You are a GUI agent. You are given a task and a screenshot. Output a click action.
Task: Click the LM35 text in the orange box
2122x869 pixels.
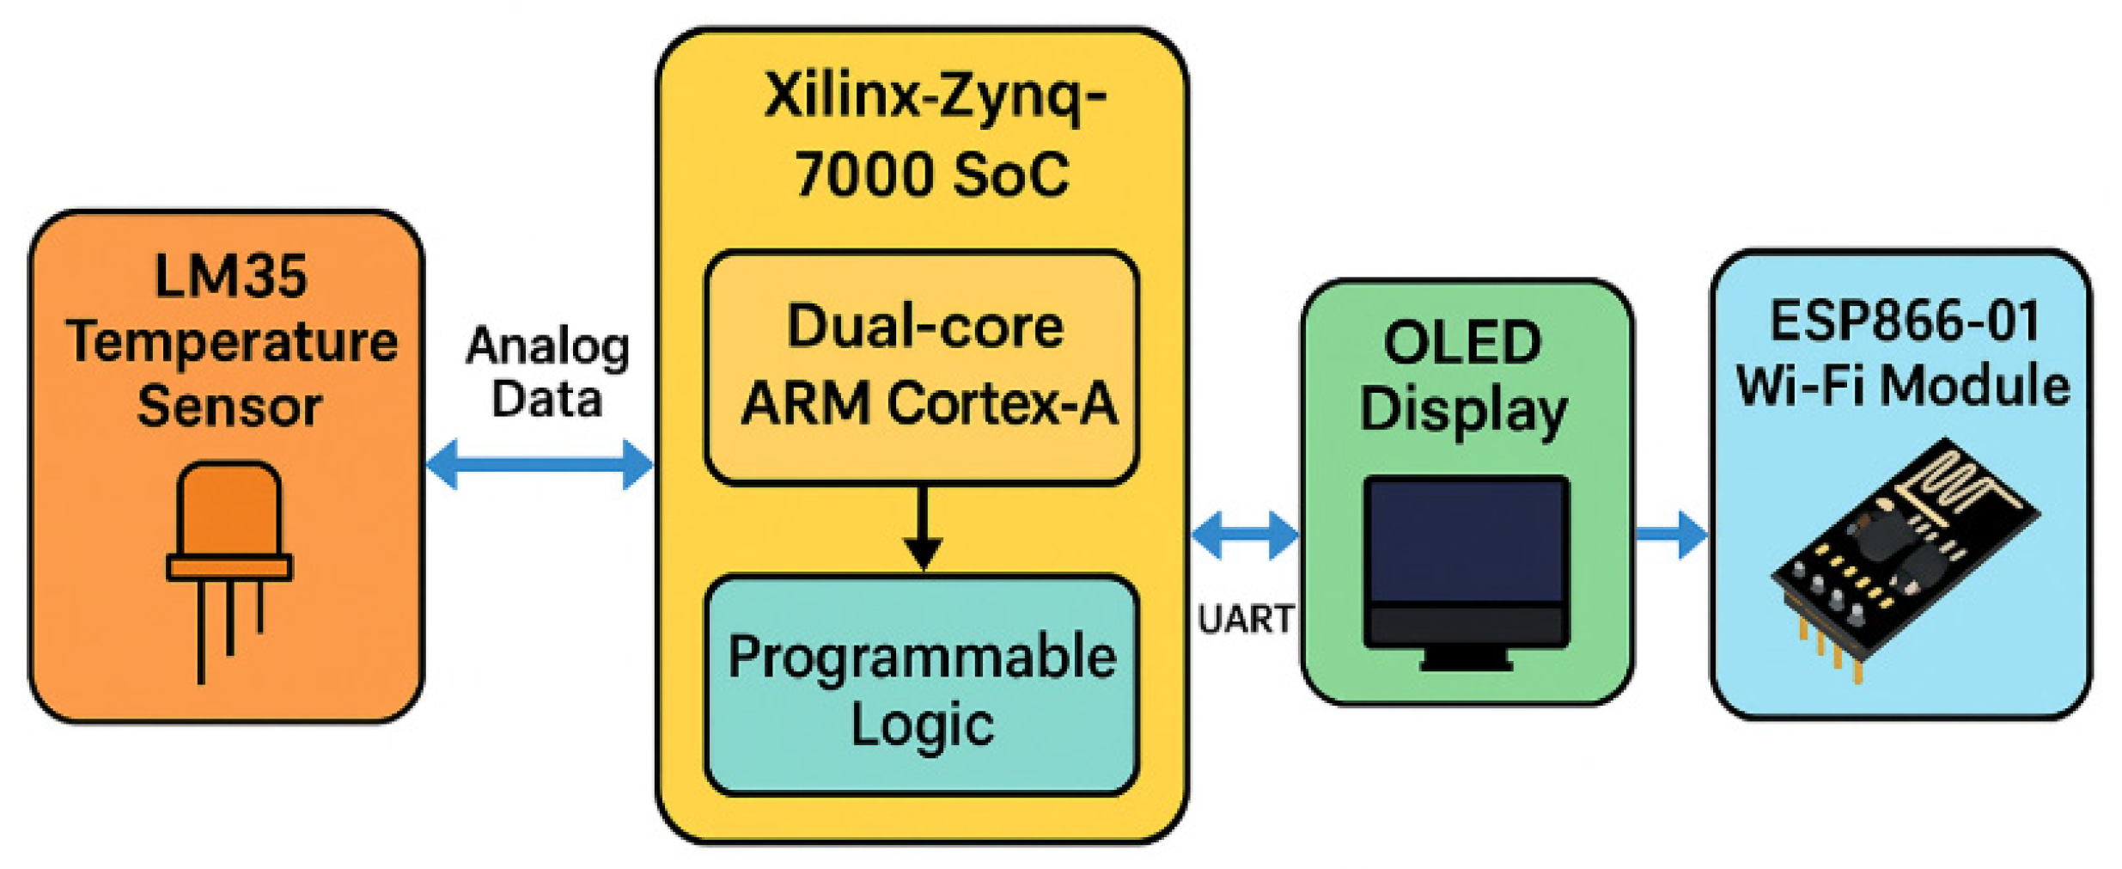[x=229, y=276]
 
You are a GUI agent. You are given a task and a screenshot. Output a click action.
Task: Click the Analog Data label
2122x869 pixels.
[x=547, y=372]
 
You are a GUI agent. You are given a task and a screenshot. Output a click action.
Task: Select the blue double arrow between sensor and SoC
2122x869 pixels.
[x=540, y=464]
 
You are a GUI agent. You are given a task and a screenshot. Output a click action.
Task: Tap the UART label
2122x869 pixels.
[x=1245, y=619]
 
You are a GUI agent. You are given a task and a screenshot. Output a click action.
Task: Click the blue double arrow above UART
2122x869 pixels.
[x=1245, y=535]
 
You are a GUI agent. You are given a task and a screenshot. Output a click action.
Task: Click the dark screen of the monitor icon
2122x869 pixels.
[x=1466, y=542]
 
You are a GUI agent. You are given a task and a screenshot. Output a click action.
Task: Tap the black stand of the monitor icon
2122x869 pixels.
[x=1466, y=659]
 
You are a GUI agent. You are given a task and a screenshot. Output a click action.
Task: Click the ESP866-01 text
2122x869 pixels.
[x=1905, y=321]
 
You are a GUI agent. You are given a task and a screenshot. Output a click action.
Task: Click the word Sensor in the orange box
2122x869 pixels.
[x=229, y=406]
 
